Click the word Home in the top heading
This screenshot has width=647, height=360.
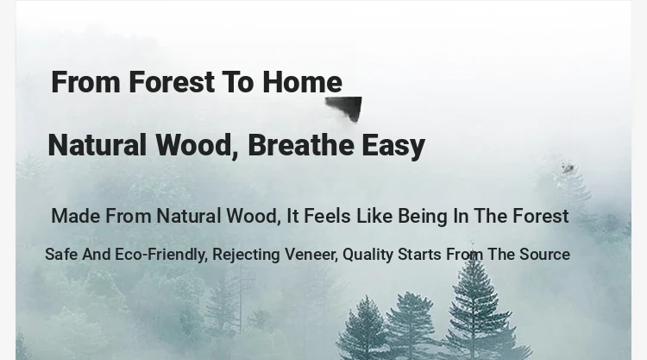click(302, 82)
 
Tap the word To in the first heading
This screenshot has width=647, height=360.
click(238, 82)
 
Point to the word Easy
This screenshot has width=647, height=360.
click(393, 146)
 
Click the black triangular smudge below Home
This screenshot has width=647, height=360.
click(347, 107)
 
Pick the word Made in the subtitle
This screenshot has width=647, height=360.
click(76, 216)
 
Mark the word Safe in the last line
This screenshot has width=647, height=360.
click(61, 255)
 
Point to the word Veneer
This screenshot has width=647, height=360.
click(311, 255)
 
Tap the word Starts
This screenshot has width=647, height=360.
click(419, 255)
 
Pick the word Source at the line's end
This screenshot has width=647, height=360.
click(544, 255)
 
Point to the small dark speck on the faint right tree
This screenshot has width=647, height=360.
click(568, 167)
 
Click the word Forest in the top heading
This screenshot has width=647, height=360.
click(172, 82)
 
